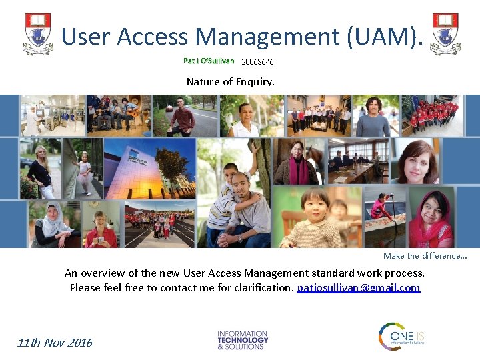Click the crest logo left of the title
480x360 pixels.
(x=39, y=34)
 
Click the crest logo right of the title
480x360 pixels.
(x=445, y=34)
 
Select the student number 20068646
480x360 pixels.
(x=257, y=62)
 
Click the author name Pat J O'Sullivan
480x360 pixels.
(x=209, y=61)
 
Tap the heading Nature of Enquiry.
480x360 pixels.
(x=230, y=82)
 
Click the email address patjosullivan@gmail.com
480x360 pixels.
(x=358, y=288)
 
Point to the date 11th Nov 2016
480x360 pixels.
(x=55, y=343)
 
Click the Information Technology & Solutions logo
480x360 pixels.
(x=243, y=340)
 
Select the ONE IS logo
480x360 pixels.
(x=401, y=336)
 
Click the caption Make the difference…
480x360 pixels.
(x=425, y=256)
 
